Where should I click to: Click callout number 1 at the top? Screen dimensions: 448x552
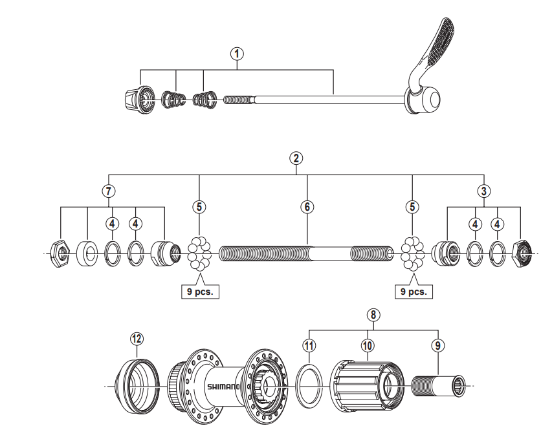point(238,54)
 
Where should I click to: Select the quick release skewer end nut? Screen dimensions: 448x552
point(137,98)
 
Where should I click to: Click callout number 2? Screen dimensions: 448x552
point(296,158)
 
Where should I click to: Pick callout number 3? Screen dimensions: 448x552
point(483,191)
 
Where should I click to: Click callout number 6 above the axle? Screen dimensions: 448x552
point(307,207)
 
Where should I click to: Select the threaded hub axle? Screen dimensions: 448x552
point(306,252)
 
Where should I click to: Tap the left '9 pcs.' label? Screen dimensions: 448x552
point(201,292)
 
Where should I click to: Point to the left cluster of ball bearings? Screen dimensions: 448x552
point(200,253)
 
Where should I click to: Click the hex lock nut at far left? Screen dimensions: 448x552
point(60,253)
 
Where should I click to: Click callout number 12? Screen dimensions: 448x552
point(137,338)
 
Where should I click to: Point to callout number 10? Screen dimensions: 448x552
point(367,346)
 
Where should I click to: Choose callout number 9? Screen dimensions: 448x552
point(439,346)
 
